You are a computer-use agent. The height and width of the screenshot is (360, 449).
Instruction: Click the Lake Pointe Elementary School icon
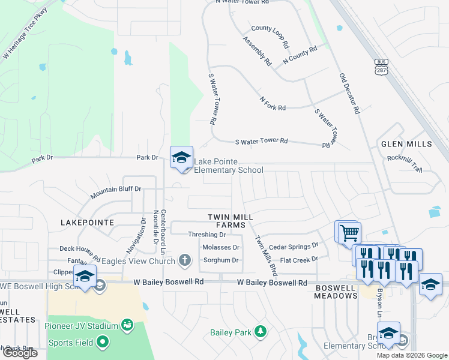(181, 157)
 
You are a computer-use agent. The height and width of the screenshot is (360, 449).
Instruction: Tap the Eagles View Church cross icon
(185, 260)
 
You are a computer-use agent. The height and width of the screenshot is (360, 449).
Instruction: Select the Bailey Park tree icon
(260, 331)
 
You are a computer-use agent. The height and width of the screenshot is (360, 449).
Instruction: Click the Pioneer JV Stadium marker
(127, 326)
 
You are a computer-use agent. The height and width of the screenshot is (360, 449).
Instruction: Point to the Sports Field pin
(102, 343)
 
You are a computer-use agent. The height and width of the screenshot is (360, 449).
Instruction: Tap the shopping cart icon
(349, 232)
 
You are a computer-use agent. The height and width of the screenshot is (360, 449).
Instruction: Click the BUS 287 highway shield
(381, 66)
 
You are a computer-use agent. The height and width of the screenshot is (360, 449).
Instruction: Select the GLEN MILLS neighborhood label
(406, 145)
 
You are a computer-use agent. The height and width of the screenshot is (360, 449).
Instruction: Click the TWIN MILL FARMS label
(231, 220)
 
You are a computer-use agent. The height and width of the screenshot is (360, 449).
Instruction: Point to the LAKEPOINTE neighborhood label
(88, 222)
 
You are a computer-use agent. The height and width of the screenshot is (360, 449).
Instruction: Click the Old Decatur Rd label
(349, 94)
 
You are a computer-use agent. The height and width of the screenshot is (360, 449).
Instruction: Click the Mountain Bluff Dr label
(115, 192)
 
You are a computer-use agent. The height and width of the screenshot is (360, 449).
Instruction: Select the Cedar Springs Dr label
(294, 246)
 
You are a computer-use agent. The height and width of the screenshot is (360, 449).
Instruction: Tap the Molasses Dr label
(221, 247)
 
